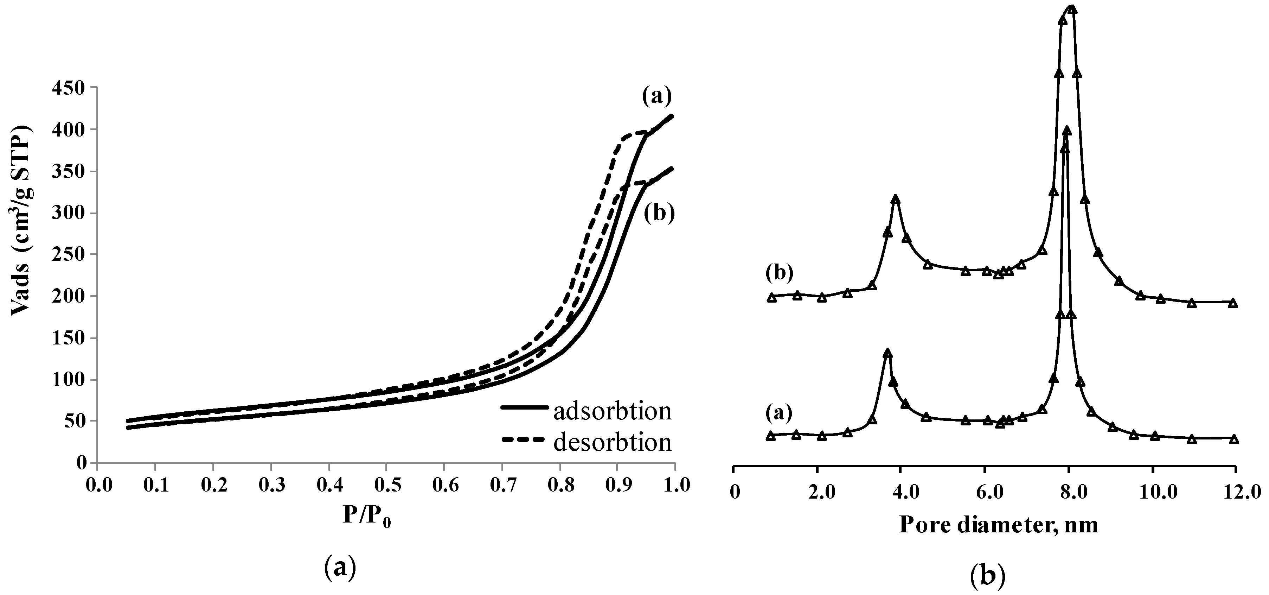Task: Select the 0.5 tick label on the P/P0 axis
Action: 386,486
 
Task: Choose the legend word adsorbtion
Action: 612,411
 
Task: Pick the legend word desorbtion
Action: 612,442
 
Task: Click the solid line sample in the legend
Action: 525,407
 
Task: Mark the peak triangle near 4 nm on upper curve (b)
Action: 896,200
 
